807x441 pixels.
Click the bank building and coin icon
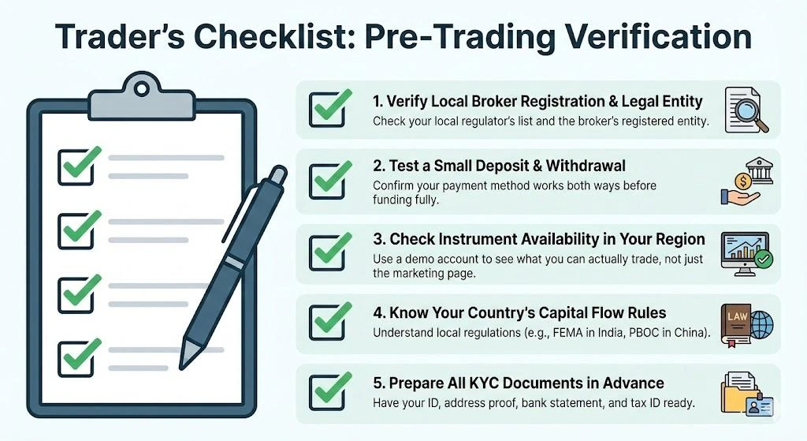[x=745, y=182]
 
